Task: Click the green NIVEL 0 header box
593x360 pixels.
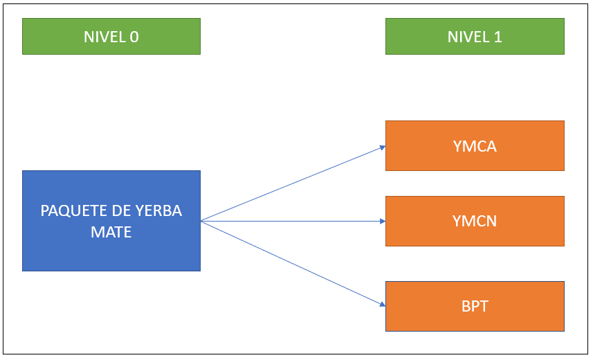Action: (111, 36)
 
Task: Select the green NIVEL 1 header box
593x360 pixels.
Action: (475, 36)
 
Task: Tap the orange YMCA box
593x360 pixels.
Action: (475, 146)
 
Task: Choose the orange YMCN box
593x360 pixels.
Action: (475, 221)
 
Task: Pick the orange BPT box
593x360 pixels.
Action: (475, 306)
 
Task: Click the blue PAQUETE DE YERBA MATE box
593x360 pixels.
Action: (111, 221)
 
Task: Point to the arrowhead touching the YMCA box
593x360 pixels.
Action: (383, 147)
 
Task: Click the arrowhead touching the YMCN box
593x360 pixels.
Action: (383, 221)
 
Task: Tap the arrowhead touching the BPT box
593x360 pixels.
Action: (383, 304)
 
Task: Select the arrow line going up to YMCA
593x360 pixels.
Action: (293, 183)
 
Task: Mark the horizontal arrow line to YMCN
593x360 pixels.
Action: (293, 221)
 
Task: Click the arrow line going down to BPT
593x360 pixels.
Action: (293, 263)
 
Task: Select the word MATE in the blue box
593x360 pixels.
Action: (111, 232)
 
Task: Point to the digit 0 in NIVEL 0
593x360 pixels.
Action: (134, 37)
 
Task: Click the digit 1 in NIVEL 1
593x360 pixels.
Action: (498, 37)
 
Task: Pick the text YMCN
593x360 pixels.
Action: (475, 221)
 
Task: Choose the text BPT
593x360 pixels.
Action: (475, 306)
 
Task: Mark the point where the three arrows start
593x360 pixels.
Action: (201, 221)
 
